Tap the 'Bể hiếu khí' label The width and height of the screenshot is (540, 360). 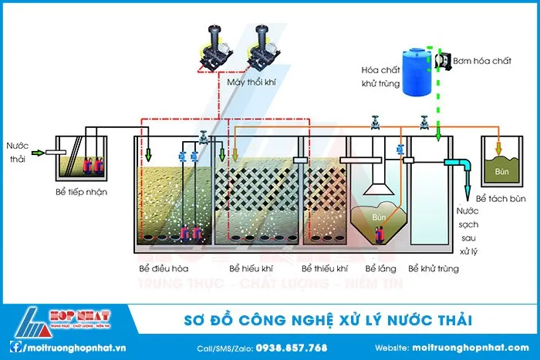tap(251, 269)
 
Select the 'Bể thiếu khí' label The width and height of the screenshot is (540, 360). tap(325, 269)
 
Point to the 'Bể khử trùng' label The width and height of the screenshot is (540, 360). tap(434, 269)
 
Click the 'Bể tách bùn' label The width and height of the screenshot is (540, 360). tap(501, 198)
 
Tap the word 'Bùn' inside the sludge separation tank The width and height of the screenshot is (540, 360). tap(502, 170)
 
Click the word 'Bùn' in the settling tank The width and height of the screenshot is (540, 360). tap(379, 218)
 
